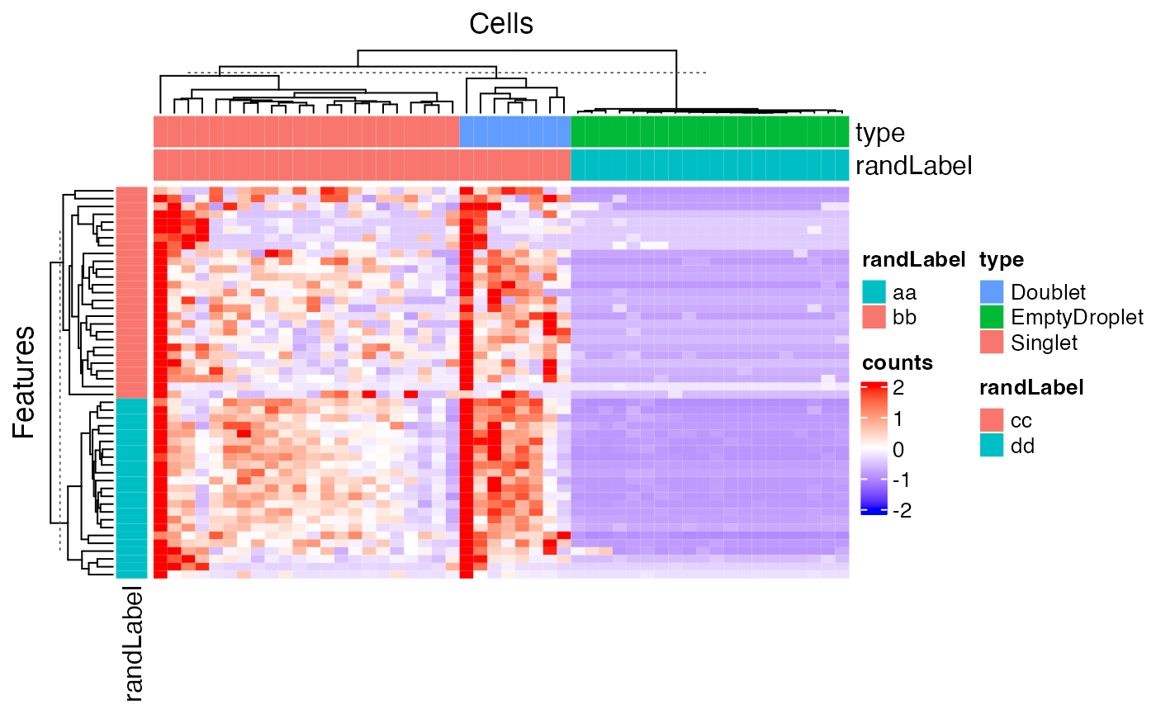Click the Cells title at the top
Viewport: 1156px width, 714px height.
click(x=500, y=24)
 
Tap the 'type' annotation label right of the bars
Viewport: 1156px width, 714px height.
click(x=880, y=133)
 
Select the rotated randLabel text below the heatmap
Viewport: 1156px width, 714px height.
click(x=133, y=645)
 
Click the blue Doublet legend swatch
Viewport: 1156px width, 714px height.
click(x=993, y=292)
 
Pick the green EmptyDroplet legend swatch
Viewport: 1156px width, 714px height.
click(x=993, y=317)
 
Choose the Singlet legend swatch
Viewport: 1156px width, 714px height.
click(x=993, y=342)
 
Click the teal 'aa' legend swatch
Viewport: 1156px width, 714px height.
click(x=874, y=292)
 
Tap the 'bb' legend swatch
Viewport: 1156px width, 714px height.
click(x=874, y=317)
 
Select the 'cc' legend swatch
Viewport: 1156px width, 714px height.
click(x=993, y=420)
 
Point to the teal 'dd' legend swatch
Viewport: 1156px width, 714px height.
click(x=993, y=445)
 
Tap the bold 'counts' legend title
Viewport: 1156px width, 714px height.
click(x=897, y=362)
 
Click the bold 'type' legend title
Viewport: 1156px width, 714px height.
click(x=1002, y=261)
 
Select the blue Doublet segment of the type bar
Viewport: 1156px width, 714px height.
click(x=514, y=132)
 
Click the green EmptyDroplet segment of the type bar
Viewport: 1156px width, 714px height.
click(x=709, y=132)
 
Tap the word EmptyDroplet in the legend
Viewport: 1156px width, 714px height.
click(x=1077, y=317)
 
